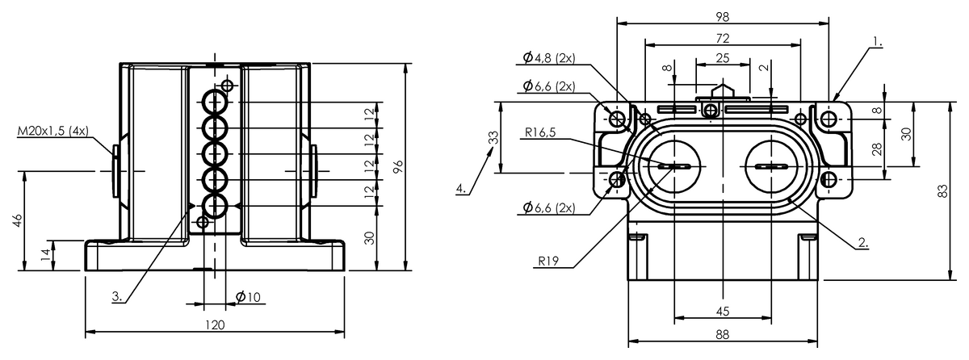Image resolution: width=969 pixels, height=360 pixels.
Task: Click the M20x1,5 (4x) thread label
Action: click(x=52, y=131)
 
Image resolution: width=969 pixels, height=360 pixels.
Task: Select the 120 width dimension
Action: click(x=215, y=324)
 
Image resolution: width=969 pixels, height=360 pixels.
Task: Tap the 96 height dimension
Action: click(x=398, y=167)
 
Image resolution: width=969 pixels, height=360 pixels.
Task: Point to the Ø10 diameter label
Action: click(x=249, y=297)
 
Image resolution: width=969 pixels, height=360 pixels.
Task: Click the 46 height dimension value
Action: click(x=18, y=220)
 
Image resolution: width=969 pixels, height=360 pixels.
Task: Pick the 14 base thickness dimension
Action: click(x=46, y=254)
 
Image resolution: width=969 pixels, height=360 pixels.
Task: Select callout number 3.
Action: click(x=117, y=296)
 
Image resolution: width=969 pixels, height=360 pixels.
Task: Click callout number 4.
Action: click(x=461, y=188)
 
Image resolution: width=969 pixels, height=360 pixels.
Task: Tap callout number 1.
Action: click(x=877, y=42)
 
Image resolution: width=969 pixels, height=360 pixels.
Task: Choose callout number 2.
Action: click(x=863, y=242)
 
